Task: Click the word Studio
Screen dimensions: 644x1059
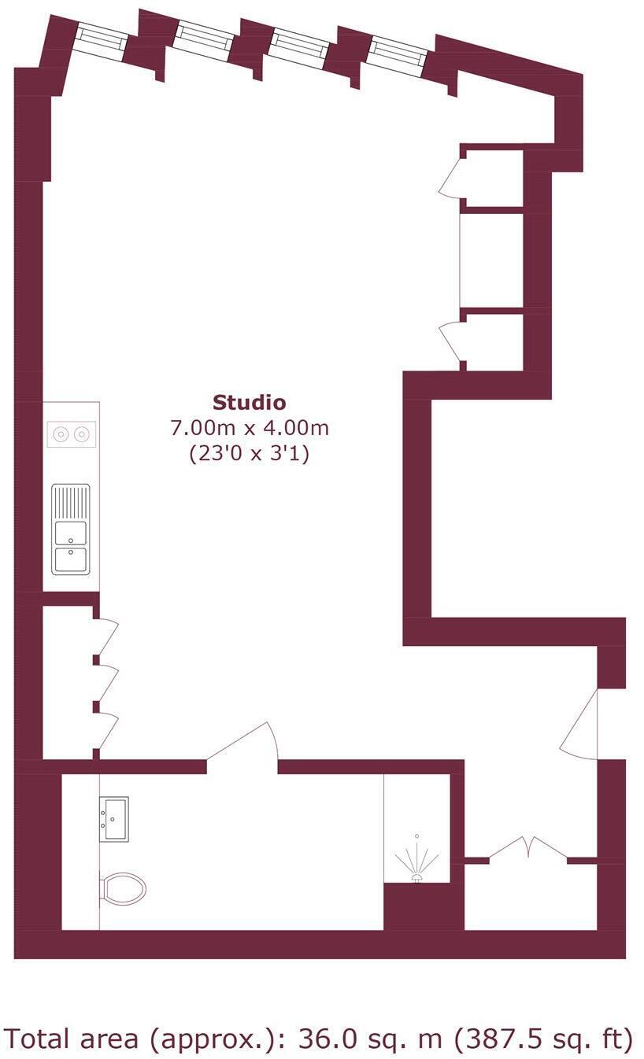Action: tap(250, 402)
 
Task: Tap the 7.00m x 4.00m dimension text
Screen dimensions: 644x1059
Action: tap(250, 428)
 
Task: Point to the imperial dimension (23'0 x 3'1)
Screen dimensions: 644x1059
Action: tap(250, 454)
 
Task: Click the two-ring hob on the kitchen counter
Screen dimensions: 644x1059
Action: tap(72, 434)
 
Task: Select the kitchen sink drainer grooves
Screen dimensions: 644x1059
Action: tap(71, 504)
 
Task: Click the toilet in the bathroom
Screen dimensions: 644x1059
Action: tap(123, 889)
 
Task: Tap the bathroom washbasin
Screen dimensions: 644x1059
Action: tap(113, 819)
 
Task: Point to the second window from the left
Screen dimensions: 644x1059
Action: tap(204, 38)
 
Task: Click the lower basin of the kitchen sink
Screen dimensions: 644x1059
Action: tap(71, 559)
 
